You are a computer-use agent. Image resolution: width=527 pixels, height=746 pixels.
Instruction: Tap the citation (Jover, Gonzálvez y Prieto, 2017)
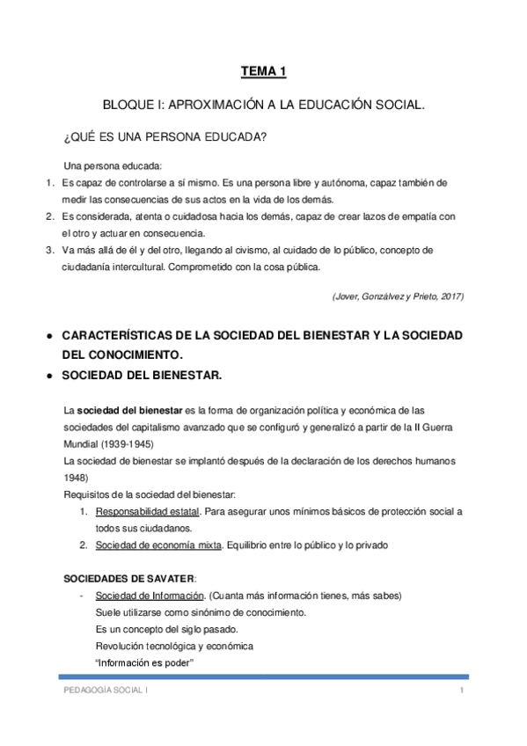tap(397, 296)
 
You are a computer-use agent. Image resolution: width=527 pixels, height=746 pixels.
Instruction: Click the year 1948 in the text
tap(79, 478)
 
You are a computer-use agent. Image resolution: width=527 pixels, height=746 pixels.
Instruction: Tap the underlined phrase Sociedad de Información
tap(145, 596)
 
